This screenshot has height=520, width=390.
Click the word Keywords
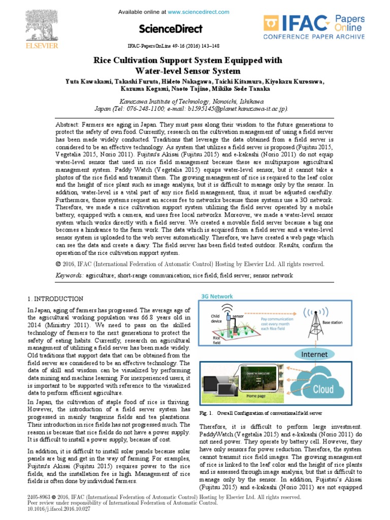(x=69, y=275)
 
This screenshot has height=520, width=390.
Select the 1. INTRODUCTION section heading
(x=55, y=299)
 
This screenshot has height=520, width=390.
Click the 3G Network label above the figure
(x=217, y=296)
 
